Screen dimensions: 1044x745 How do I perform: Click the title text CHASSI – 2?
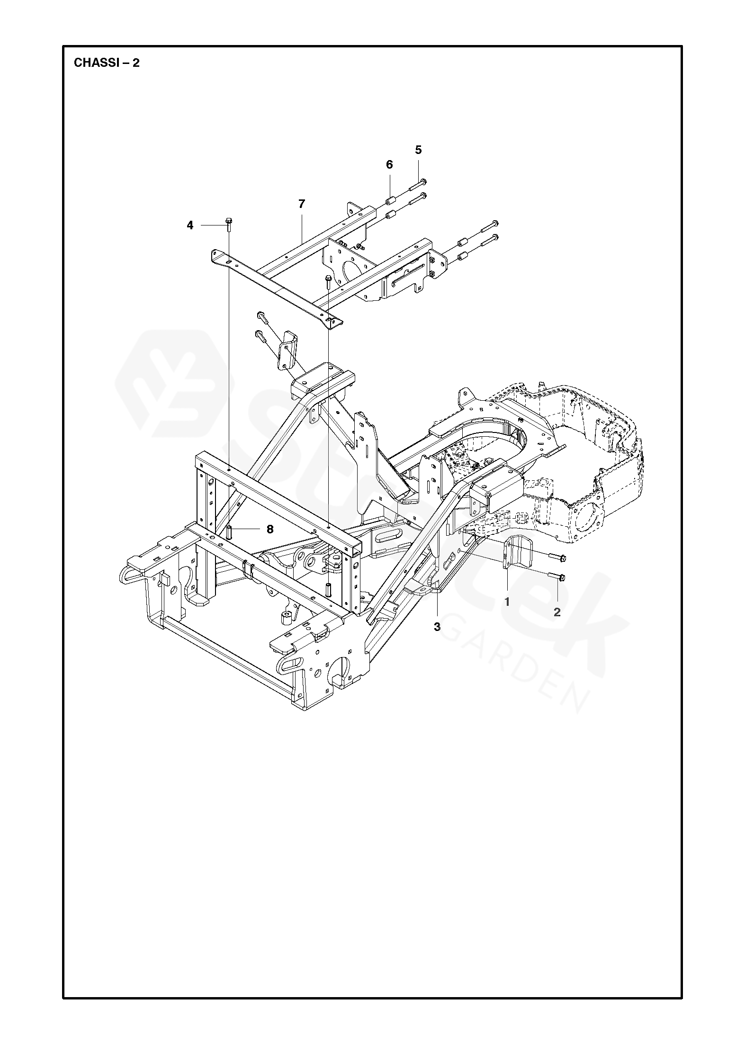click(107, 63)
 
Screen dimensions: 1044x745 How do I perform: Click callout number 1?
click(507, 603)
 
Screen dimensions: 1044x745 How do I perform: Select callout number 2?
click(557, 612)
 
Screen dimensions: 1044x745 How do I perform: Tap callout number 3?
click(437, 627)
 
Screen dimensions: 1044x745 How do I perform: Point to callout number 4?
click(190, 225)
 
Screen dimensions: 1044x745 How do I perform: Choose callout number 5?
click(418, 150)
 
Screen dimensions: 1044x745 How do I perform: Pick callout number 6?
click(389, 164)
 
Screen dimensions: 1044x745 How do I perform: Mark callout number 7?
click(302, 204)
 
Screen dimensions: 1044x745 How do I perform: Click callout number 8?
click(270, 529)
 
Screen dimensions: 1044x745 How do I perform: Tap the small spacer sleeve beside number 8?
click(228, 532)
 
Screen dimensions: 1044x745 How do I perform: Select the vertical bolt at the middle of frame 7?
click(328, 282)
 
